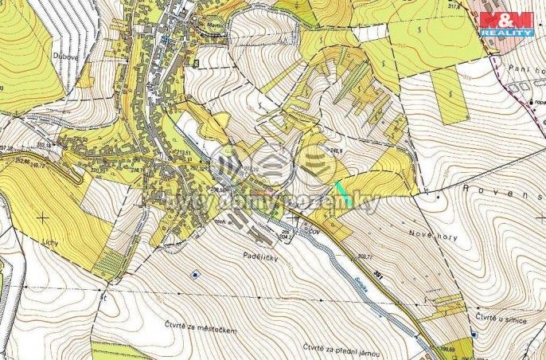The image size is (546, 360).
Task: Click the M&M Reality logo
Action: tap(506, 23)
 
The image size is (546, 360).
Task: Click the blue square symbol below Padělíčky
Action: tap(195, 274)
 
